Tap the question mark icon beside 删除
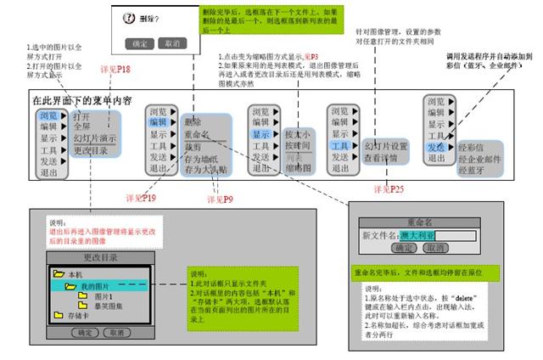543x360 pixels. (x=129, y=16)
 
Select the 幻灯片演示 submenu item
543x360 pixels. (x=95, y=138)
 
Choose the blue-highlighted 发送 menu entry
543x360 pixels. (x=438, y=146)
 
